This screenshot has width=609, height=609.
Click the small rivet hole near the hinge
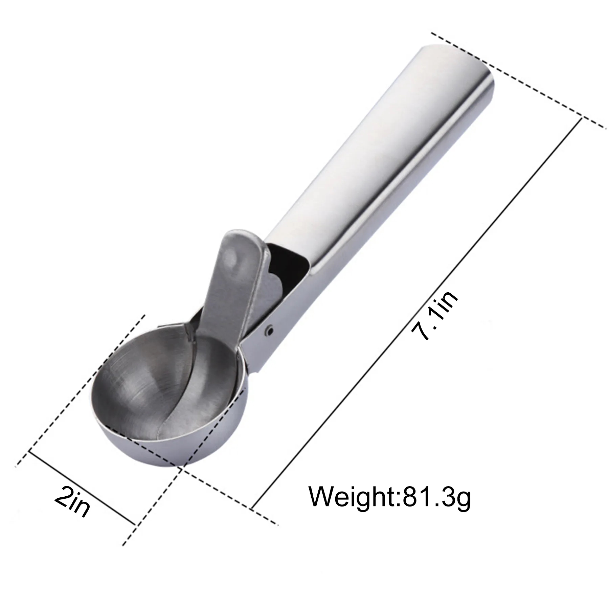[x=269, y=330]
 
